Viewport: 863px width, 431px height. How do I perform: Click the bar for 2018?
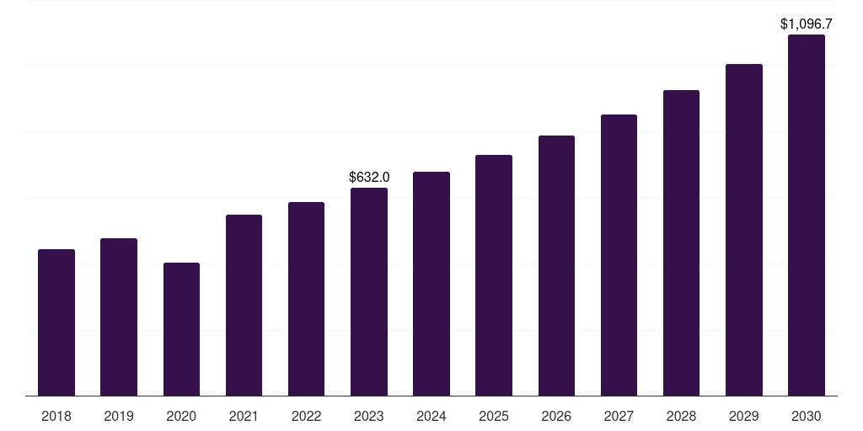click(x=56, y=322)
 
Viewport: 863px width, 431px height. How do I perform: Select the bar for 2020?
click(x=181, y=329)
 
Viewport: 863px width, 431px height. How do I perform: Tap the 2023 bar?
click(x=369, y=291)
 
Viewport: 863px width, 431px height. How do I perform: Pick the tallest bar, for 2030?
click(x=807, y=215)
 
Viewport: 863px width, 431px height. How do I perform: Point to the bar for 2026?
click(x=556, y=265)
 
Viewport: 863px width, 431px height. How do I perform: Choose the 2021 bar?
click(x=244, y=305)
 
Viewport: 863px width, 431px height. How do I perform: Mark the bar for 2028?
click(x=681, y=242)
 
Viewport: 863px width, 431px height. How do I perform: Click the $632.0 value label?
click(x=369, y=178)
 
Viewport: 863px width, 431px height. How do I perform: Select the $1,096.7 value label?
click(x=807, y=24)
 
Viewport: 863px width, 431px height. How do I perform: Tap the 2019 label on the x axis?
click(x=119, y=416)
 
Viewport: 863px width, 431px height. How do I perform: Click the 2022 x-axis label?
click(x=306, y=416)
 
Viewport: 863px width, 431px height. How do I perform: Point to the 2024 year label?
click(x=431, y=416)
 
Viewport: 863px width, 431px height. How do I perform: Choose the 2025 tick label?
click(x=494, y=416)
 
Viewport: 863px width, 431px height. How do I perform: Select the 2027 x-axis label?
click(x=619, y=416)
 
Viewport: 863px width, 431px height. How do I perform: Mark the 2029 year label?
click(x=744, y=416)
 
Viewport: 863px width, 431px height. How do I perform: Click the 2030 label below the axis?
click(x=807, y=416)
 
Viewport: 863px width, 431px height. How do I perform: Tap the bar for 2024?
click(x=431, y=284)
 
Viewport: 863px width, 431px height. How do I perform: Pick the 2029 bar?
click(x=744, y=230)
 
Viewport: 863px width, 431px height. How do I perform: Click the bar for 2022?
click(x=306, y=299)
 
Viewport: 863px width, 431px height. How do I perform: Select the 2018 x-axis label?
click(x=56, y=416)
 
